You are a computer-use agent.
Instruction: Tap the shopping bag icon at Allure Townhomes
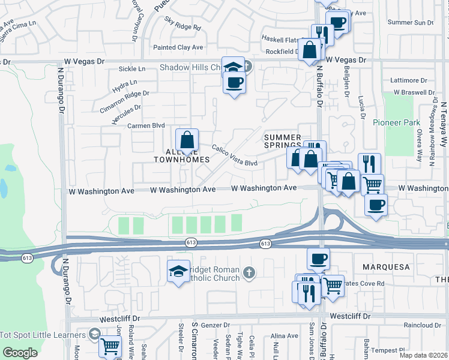tap(187, 140)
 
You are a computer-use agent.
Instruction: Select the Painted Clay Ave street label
tap(178, 47)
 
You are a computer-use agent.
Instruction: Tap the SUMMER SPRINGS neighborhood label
tap(282, 142)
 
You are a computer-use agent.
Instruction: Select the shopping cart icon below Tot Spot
tap(110, 346)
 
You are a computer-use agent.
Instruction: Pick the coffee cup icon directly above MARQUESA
tap(318, 259)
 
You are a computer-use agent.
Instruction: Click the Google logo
tap(20, 353)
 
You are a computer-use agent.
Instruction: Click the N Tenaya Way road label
tap(444, 124)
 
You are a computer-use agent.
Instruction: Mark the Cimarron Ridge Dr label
tap(124, 97)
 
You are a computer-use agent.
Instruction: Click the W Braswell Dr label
tap(414, 93)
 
